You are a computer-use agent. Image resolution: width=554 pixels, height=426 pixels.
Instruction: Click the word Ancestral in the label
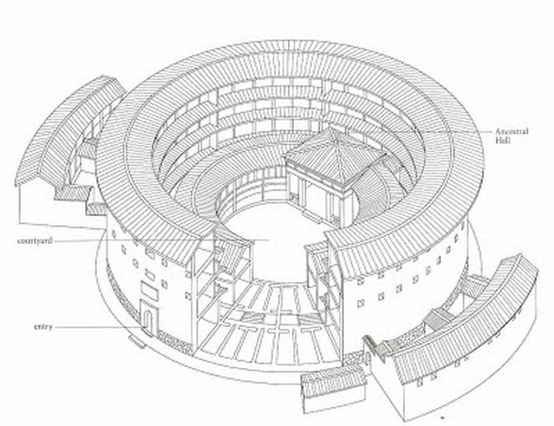coord(512,131)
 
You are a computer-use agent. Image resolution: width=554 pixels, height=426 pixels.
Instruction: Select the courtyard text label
coord(35,241)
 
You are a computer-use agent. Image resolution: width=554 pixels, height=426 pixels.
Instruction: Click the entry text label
coord(43,327)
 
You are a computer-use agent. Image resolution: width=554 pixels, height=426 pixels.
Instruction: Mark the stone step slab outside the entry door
coord(138,342)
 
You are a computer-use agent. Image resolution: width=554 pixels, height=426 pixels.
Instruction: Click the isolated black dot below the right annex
coord(442,417)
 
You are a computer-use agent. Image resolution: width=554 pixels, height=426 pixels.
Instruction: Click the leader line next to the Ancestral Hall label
coord(420,131)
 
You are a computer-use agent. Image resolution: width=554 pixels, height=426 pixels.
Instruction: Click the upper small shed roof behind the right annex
coord(475,284)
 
